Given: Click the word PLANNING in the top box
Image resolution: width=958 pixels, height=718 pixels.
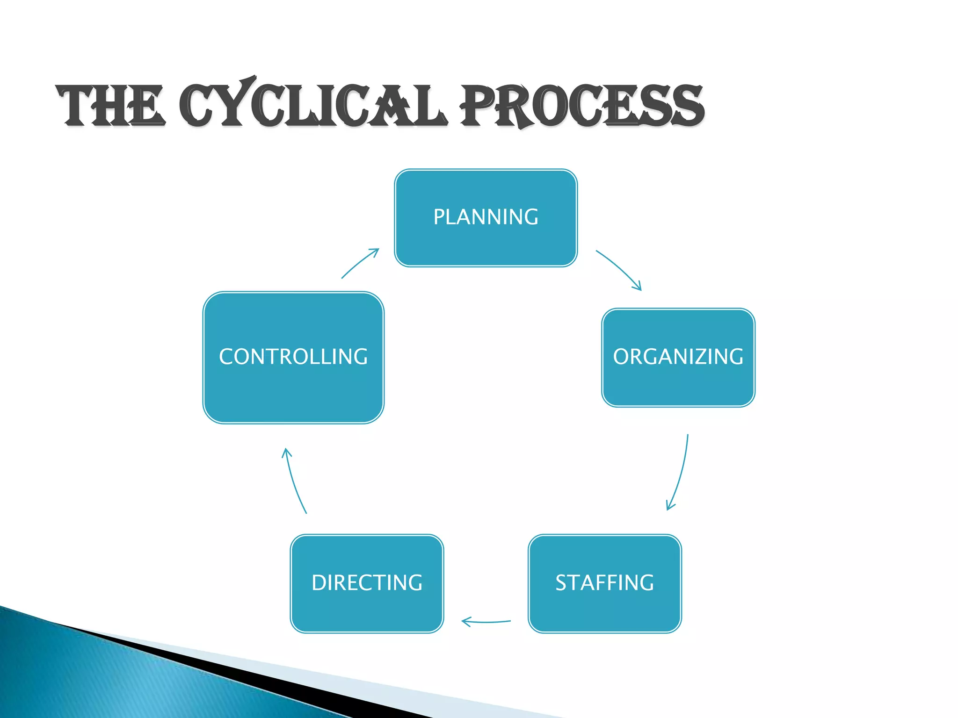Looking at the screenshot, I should (x=486, y=217).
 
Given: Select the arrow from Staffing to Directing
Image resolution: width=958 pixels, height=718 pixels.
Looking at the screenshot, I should (x=486, y=622).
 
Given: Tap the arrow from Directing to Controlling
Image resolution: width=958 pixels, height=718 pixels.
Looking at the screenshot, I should (x=294, y=481).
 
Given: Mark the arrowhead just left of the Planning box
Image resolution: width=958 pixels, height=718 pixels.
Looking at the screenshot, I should (x=376, y=251).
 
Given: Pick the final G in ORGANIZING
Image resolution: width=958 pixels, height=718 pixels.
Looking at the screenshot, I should (x=735, y=357).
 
